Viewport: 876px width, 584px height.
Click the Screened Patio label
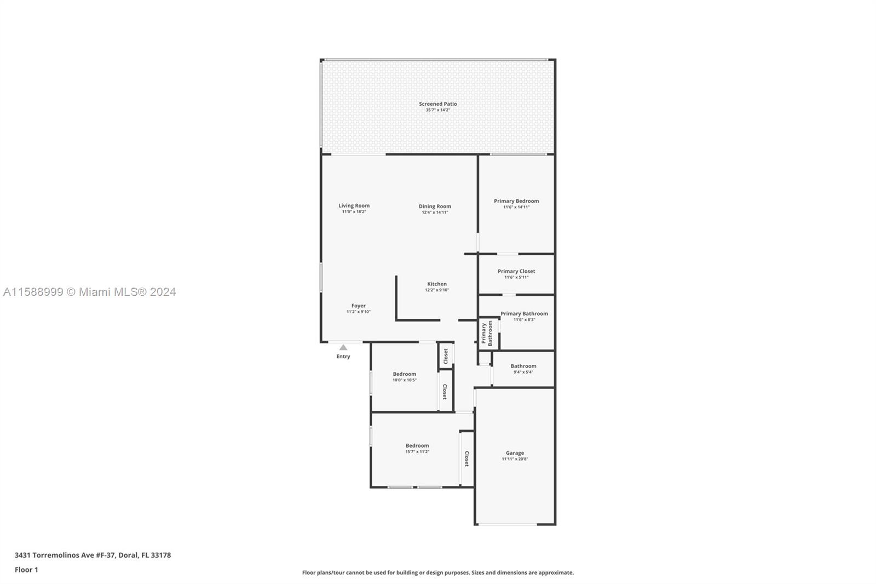point(437,104)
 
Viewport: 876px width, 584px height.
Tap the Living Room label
point(354,205)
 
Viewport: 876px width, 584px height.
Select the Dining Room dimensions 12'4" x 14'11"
point(435,212)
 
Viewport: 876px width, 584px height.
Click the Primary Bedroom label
point(516,201)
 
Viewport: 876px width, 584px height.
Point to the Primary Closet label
point(516,271)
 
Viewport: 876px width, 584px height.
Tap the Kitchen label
point(437,284)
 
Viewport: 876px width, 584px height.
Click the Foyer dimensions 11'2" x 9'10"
point(358,312)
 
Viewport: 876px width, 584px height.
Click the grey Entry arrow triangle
point(343,347)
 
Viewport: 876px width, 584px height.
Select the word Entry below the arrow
point(343,356)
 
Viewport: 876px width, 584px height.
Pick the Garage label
point(515,453)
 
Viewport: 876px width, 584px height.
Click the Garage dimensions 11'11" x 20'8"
point(515,459)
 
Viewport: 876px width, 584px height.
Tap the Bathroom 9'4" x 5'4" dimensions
point(523,372)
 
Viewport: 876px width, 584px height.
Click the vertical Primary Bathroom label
point(487,333)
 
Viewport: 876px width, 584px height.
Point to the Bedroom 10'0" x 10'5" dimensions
point(405,380)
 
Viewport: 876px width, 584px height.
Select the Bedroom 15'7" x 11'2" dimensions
point(417,451)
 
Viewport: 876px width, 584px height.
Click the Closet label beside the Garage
point(466,459)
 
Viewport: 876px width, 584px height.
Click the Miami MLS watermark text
point(90,291)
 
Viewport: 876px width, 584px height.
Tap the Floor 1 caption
point(26,570)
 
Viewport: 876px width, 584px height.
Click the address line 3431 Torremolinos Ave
point(93,555)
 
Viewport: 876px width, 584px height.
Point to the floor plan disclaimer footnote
point(437,572)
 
